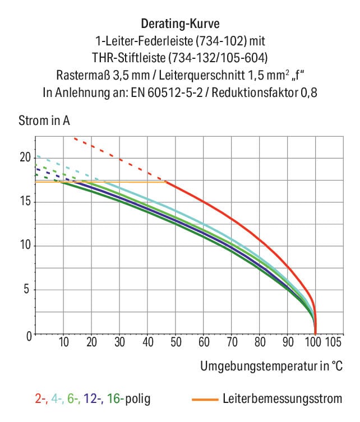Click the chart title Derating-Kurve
pyautogui.click(x=180, y=24)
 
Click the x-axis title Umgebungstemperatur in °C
pyautogui.click(x=271, y=367)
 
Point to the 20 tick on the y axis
pyautogui.click(x=25, y=157)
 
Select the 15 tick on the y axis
pyautogui.click(x=25, y=202)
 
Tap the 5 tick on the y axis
pyautogui.click(x=27, y=290)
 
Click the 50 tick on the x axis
pyautogui.click(x=176, y=342)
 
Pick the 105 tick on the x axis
pyautogui.click(x=334, y=342)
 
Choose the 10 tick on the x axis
pyautogui.click(x=63, y=342)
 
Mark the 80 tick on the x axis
pyautogui.click(x=260, y=342)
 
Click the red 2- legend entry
pyautogui.click(x=40, y=399)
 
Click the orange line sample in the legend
pyautogui.click(x=204, y=400)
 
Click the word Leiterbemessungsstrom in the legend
pyautogui.click(x=282, y=399)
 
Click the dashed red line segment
pyautogui.click(x=121, y=160)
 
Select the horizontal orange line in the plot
pyautogui.click(x=112, y=182)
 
